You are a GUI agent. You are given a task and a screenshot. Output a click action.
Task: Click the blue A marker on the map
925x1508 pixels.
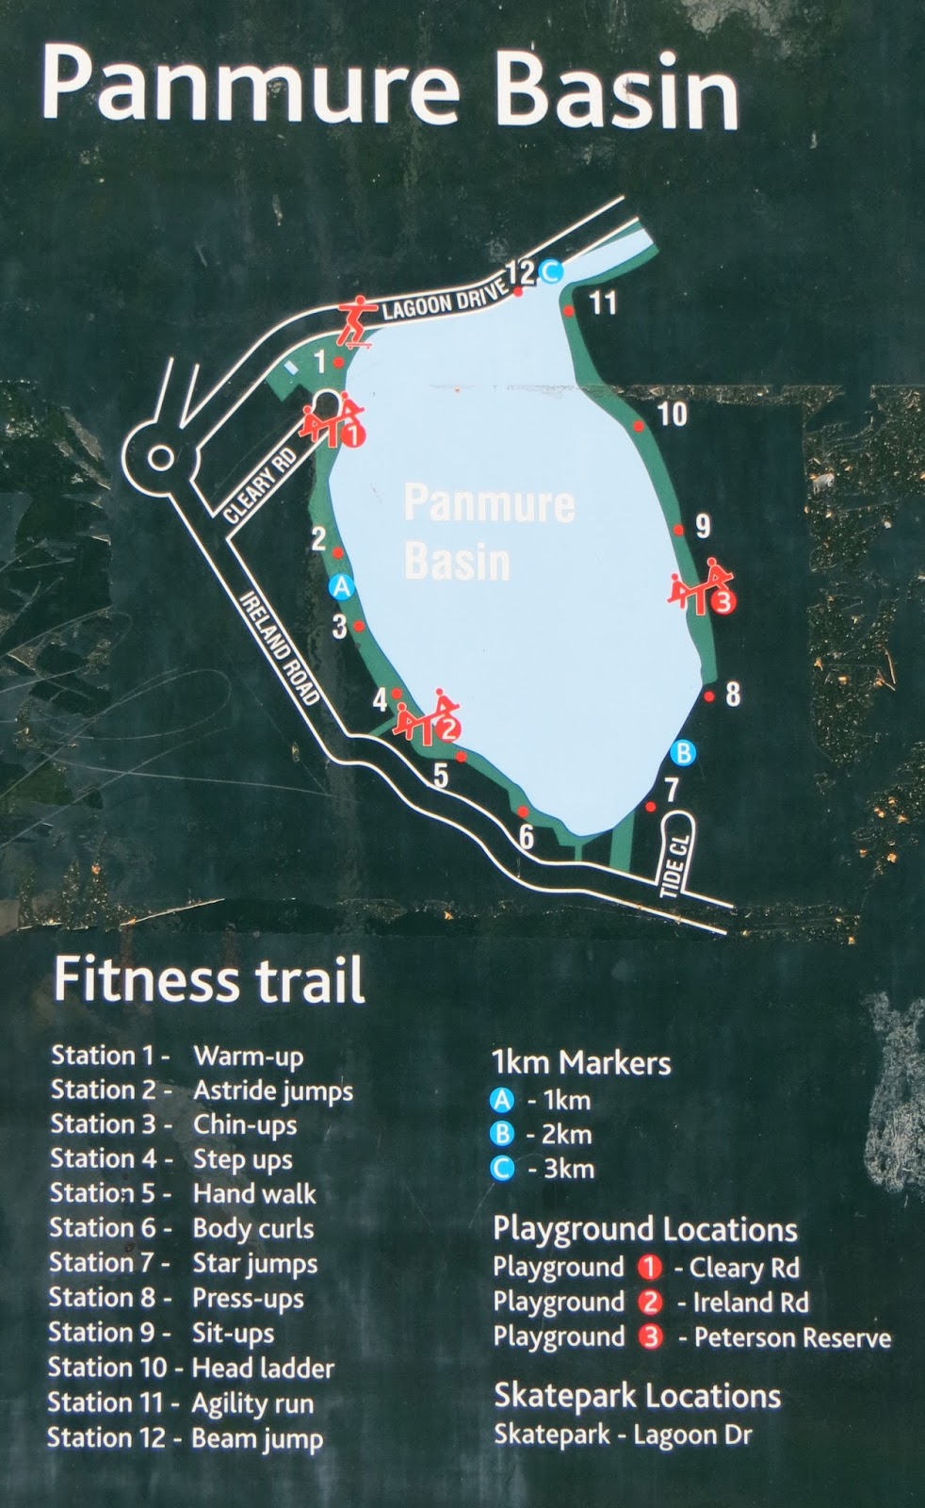341,587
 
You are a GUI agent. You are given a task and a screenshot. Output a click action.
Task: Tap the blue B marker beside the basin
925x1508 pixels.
682,752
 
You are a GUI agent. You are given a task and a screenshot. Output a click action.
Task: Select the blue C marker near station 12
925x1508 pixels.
551,271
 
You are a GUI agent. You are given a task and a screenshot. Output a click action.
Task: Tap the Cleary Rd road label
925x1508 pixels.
261,484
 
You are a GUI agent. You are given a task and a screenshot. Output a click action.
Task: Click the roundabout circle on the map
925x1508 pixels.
162,458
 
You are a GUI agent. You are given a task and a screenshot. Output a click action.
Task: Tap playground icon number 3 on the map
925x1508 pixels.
702,589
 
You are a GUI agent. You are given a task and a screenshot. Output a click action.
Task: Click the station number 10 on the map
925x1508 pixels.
673,414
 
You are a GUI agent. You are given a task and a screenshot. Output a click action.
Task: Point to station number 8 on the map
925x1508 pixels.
733,695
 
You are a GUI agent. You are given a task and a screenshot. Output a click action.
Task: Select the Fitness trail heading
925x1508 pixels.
208,981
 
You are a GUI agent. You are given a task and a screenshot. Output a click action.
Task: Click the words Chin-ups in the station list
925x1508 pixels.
245,1125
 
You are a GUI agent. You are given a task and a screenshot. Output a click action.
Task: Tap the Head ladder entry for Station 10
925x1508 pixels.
263,1368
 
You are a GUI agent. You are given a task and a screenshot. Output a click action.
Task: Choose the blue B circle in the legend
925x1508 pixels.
503,1134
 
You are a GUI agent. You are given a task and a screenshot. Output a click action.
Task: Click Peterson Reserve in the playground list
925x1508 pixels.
792,1338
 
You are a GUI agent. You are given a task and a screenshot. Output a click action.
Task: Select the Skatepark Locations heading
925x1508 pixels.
637,1396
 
